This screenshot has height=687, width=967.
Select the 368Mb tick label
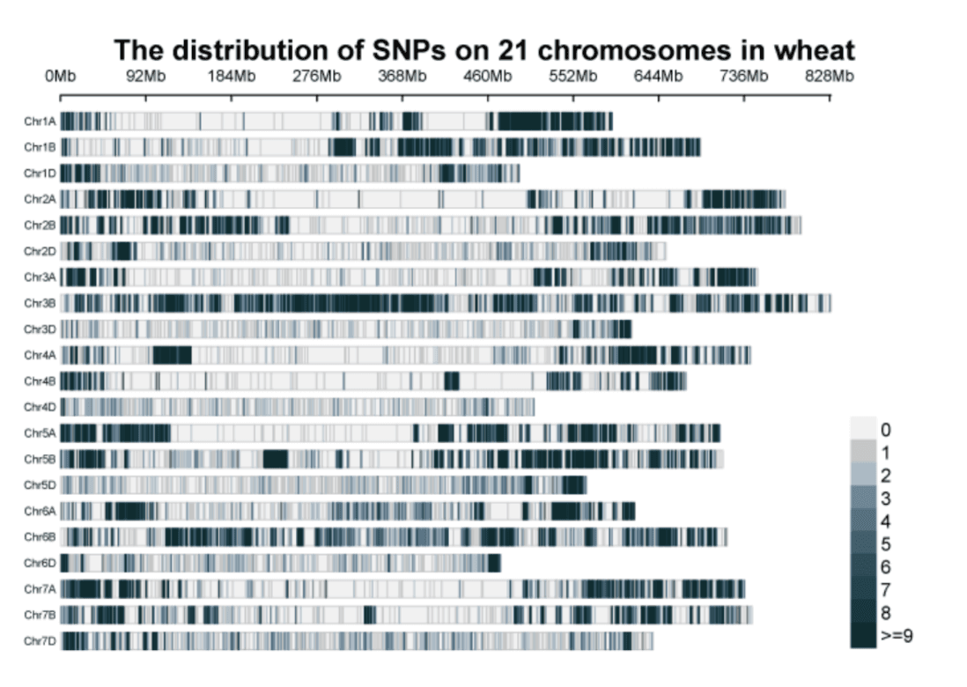pyautogui.click(x=402, y=76)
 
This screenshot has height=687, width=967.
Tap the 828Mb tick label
pyautogui.click(x=829, y=76)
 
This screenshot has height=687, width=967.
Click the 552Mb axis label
pyautogui.click(x=573, y=76)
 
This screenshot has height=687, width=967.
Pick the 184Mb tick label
pyautogui.click(x=232, y=76)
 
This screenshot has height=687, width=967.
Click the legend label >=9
pyautogui.click(x=896, y=635)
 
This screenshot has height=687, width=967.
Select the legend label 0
pyautogui.click(x=886, y=430)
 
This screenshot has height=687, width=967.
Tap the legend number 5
pyautogui.click(x=886, y=543)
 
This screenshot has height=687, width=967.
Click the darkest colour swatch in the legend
pyautogui.click(x=863, y=635)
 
